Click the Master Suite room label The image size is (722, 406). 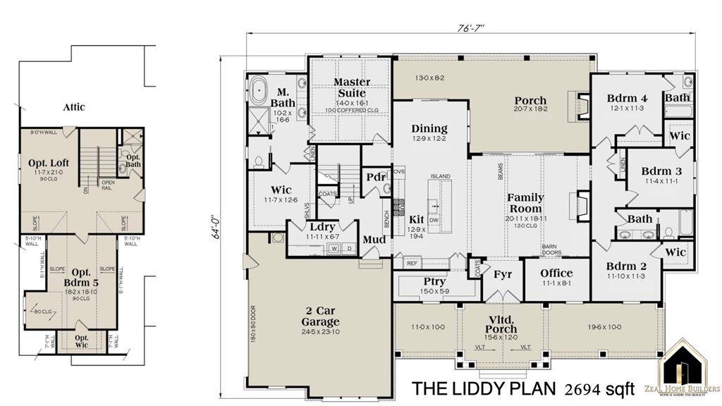click(x=351, y=87)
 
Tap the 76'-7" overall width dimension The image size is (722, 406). click(x=470, y=27)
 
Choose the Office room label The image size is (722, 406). click(x=556, y=273)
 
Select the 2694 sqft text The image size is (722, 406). click(x=599, y=388)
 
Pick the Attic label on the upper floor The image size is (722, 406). click(x=74, y=107)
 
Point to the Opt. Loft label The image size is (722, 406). click(x=48, y=164)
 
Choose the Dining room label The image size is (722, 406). click(x=429, y=128)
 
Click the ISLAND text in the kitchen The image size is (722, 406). click(x=441, y=176)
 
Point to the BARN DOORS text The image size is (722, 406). click(x=551, y=250)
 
